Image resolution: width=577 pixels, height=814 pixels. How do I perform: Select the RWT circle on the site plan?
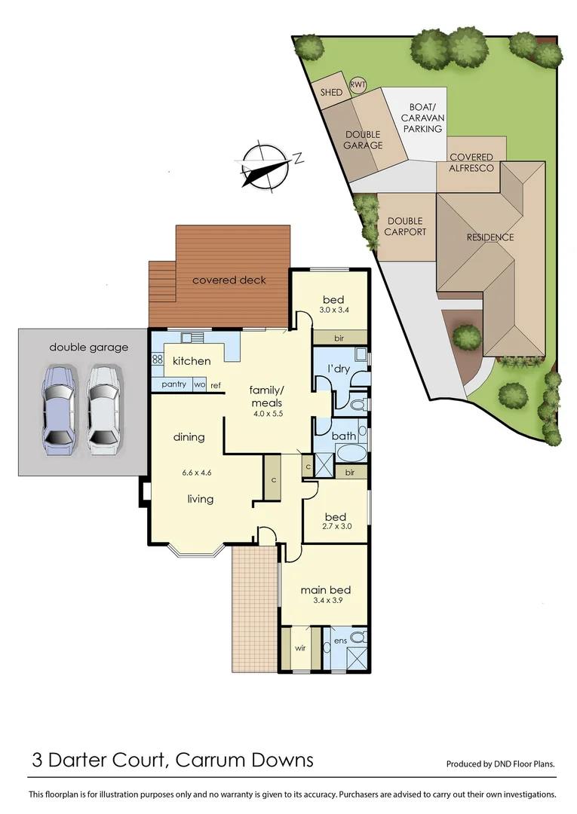[x=357, y=85]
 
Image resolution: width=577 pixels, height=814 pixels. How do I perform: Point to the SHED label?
[x=331, y=93]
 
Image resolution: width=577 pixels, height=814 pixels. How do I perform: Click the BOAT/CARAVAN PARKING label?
[x=422, y=118]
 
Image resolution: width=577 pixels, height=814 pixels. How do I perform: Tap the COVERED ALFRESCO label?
[x=471, y=163]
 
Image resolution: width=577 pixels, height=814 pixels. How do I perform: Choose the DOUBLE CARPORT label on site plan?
[x=407, y=226]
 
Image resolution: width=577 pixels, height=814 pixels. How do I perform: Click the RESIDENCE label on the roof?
[x=490, y=237]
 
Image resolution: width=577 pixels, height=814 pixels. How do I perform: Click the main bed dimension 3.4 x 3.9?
[x=326, y=601]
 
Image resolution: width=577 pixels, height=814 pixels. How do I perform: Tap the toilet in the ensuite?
[x=359, y=638]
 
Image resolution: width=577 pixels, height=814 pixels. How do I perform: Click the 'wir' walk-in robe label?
[x=299, y=647]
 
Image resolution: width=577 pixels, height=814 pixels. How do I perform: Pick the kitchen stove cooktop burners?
[x=158, y=360]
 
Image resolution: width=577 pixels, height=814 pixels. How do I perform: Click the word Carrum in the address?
[x=209, y=760]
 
